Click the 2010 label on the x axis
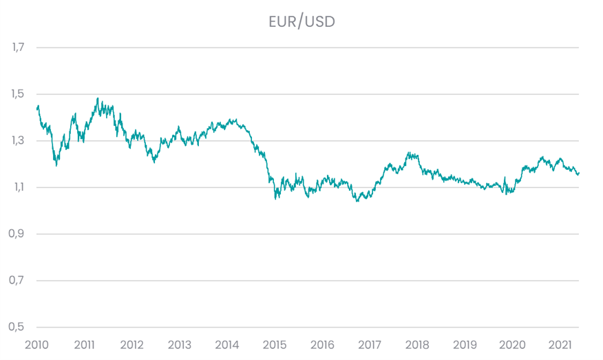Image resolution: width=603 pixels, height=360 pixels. (x=37, y=344)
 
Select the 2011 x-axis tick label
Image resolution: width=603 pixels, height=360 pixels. (x=85, y=344)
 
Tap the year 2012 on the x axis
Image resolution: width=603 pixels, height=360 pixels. (x=132, y=344)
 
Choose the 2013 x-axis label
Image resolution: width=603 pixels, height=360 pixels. (x=180, y=344)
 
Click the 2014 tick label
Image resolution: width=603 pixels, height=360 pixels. (x=227, y=344)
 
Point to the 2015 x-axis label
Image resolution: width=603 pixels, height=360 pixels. (x=275, y=344)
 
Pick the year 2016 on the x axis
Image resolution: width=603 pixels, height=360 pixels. (x=322, y=344)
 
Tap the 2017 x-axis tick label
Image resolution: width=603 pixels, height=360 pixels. (x=370, y=344)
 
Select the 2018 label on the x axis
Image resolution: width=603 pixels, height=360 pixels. (x=417, y=344)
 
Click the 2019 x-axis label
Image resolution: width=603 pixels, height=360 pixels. (x=465, y=344)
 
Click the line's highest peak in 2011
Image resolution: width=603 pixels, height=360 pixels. (x=98, y=98)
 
